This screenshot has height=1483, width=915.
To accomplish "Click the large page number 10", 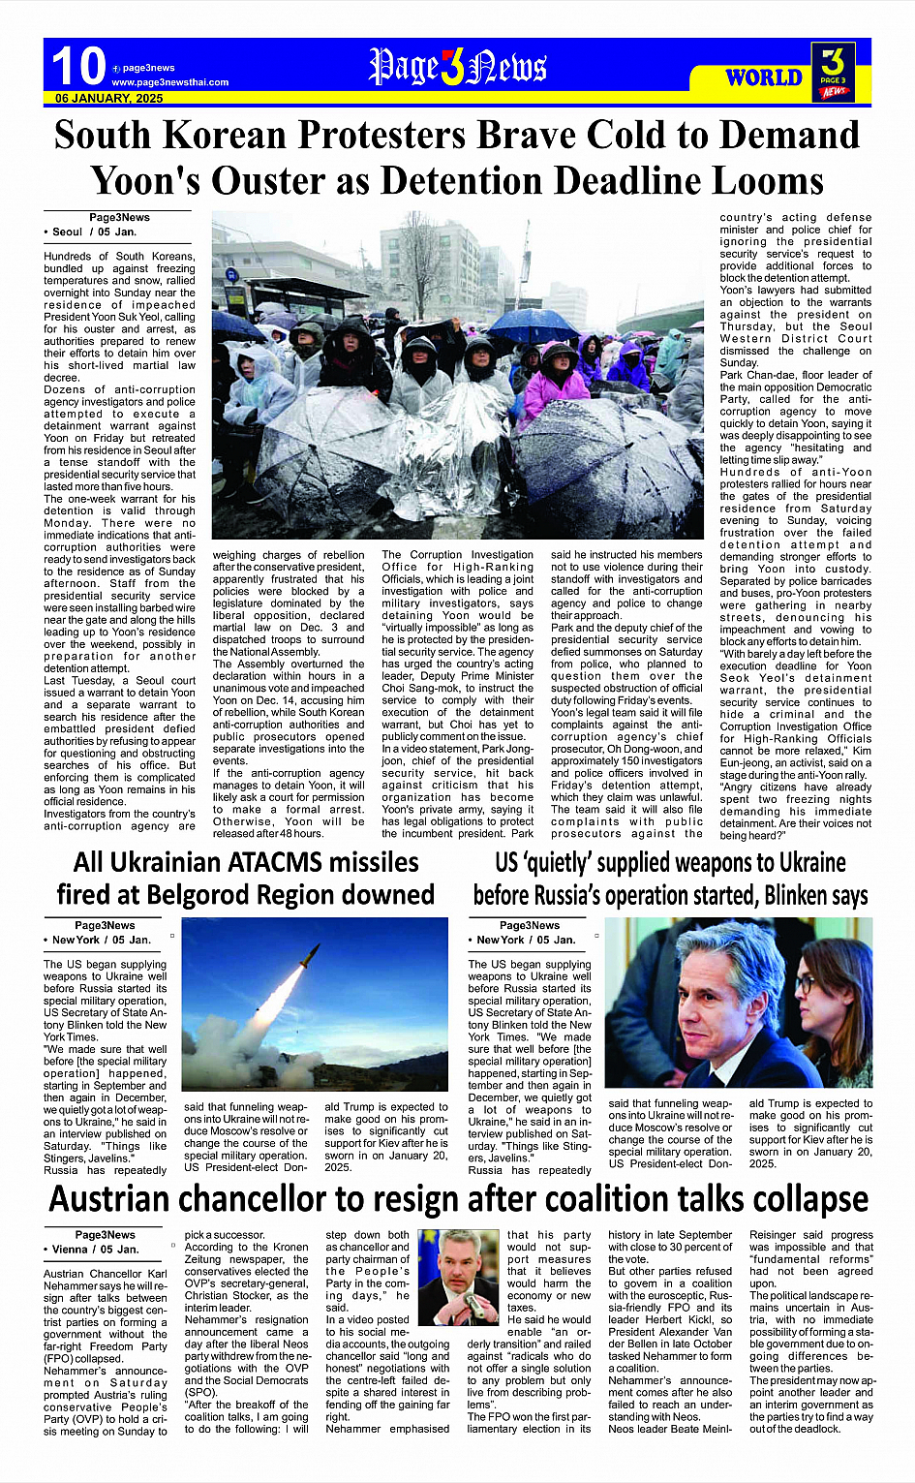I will pos(77,67).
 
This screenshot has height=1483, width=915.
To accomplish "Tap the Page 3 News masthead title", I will pos(457,67).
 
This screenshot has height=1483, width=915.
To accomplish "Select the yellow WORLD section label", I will pos(764,77).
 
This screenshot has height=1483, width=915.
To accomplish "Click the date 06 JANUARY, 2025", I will pos(108,99).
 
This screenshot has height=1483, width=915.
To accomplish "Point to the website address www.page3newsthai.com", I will pos(169,82).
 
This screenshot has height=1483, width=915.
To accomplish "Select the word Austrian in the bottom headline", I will pos(110,1199).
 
